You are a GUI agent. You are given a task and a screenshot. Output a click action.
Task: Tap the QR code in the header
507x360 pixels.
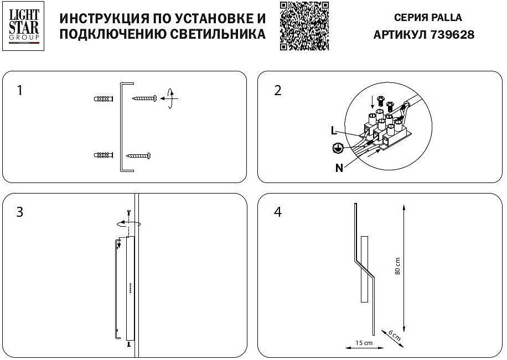[304, 25]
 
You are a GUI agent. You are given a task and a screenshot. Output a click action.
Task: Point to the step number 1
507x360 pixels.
[20, 90]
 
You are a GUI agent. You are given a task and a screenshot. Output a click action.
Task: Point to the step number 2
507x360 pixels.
[278, 90]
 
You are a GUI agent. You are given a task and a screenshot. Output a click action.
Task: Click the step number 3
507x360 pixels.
[20, 212]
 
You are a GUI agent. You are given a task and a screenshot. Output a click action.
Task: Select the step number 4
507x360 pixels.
[278, 212]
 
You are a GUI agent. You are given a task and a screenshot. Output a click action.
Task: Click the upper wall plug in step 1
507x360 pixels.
[104, 99]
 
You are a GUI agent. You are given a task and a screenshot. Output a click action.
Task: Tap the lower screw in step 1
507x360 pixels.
[138, 155]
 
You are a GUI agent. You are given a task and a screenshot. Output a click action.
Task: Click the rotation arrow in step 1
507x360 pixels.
[172, 98]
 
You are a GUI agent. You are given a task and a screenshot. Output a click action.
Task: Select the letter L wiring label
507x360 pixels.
[333, 131]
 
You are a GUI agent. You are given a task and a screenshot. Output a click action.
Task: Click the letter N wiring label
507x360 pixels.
[339, 168]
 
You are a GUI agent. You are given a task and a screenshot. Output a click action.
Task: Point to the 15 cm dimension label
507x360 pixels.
[363, 343]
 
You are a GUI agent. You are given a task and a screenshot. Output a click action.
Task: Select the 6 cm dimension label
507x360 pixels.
[393, 334]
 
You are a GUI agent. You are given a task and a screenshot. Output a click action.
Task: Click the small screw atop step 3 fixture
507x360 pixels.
[129, 212]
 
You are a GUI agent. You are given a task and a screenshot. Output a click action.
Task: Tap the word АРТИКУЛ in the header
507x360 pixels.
[401, 35]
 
